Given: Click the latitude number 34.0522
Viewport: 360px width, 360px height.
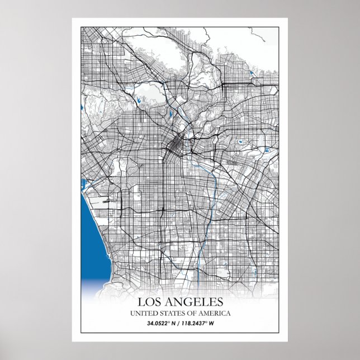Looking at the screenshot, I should [x=159, y=324].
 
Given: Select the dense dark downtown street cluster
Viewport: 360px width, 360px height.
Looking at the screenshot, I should [x=174, y=146].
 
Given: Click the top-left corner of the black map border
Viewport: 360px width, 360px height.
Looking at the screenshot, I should [x=81, y=26].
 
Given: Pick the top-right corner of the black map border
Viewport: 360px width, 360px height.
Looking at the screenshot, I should [x=279, y=26].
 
